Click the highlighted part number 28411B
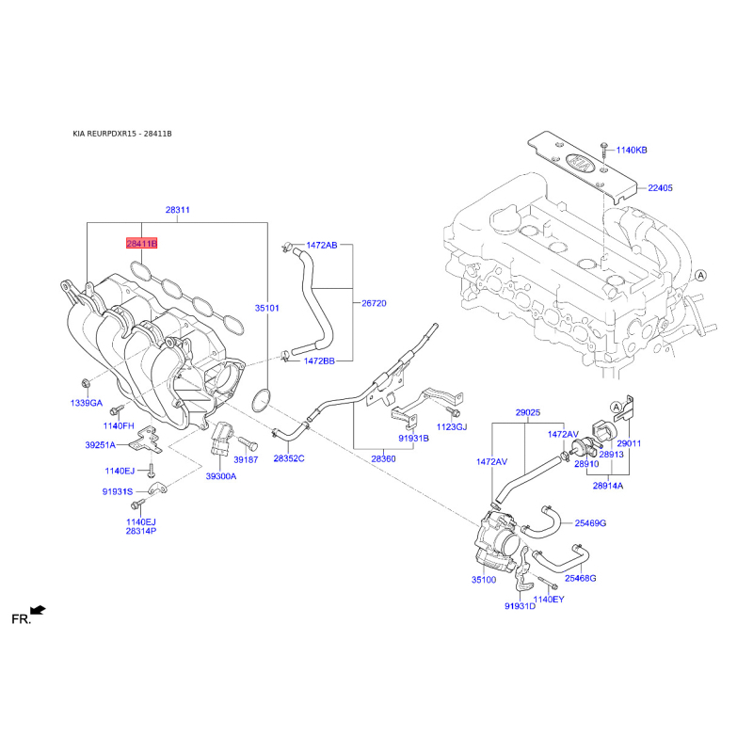coord(142,244)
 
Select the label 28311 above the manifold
coord(178,210)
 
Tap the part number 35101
coord(267,308)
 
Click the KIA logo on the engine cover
coord(581,165)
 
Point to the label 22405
coord(661,187)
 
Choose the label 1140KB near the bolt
coord(632,151)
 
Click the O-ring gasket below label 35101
coord(261,401)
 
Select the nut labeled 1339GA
coord(86,383)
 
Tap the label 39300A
coord(221,476)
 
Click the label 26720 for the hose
coord(374,303)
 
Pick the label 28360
coord(384,459)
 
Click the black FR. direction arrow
coord(38,610)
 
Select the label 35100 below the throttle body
coord(484,580)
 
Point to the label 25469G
coord(591,523)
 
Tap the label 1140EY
coord(549,600)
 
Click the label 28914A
coord(608,486)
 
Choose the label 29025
coord(528,412)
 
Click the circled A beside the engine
coord(701,276)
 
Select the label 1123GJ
coord(452,427)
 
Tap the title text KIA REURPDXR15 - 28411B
coord(122,134)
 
